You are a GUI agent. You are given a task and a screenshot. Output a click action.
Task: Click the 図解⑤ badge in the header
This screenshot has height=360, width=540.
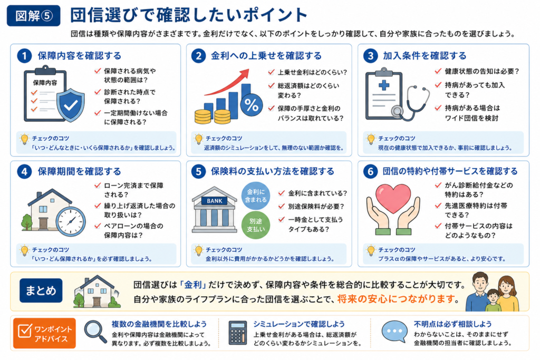point(33,15)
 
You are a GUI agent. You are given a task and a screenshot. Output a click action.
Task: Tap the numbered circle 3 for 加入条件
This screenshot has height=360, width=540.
point(371,56)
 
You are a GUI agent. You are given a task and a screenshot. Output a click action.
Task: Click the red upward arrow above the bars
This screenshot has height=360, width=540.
point(227,82)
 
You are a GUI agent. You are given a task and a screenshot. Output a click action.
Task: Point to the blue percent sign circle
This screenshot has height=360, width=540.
point(252,105)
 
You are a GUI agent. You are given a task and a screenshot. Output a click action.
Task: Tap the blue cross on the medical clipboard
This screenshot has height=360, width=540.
point(384,85)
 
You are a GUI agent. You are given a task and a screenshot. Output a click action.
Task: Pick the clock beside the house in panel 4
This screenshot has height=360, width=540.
point(71,221)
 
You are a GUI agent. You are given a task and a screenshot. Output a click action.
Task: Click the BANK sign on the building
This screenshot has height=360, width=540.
point(215,201)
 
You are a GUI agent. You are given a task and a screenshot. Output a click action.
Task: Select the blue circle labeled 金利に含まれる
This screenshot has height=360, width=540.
point(256,196)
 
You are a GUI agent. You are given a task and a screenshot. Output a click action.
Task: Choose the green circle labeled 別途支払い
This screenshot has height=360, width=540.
point(256,225)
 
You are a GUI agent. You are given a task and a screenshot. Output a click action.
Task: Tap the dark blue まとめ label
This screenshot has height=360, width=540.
point(41,290)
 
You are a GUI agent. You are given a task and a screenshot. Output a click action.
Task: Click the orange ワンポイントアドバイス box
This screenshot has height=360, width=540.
point(44,334)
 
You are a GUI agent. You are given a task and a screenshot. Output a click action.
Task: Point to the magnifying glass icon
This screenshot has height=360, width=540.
point(95,332)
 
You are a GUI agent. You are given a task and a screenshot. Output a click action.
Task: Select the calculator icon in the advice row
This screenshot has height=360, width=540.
point(238,333)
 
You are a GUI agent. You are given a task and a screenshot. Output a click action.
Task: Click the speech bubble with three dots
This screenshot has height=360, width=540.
point(394,331)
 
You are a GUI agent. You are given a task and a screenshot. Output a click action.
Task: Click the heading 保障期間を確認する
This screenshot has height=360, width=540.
point(80,171)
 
